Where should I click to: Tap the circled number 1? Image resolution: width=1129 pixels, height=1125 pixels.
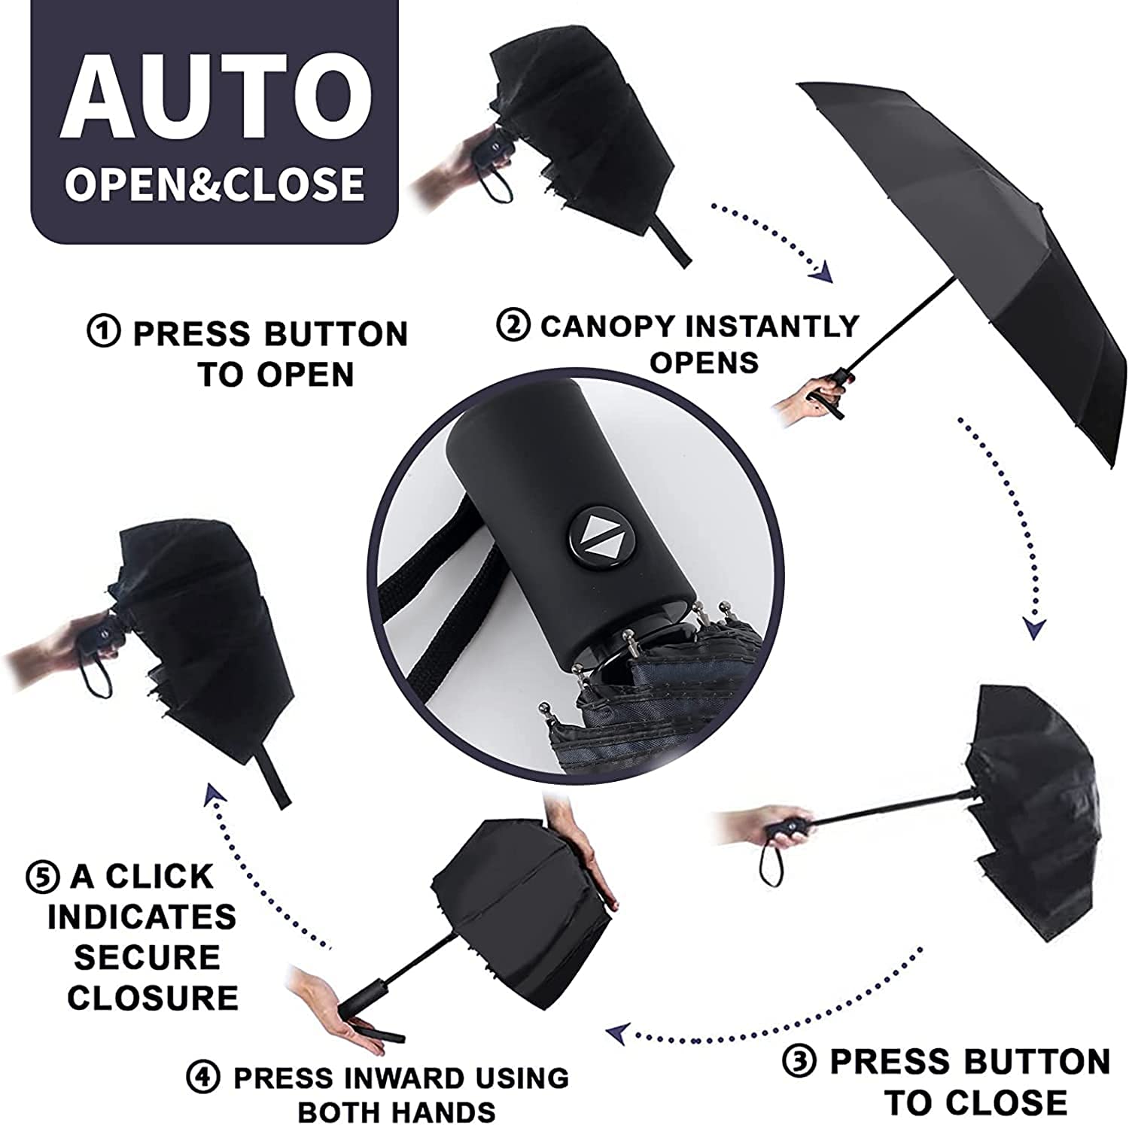pyautogui.click(x=103, y=332)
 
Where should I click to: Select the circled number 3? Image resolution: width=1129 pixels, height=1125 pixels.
pyautogui.click(x=799, y=1062)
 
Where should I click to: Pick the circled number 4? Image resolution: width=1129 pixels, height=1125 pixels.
pyautogui.click(x=203, y=1078)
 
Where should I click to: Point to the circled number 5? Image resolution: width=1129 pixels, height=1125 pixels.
pyautogui.click(x=41, y=877)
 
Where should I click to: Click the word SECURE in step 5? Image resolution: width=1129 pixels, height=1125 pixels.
pyautogui.click(x=147, y=957)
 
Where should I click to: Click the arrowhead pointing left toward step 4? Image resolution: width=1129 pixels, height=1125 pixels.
pyautogui.click(x=619, y=1035)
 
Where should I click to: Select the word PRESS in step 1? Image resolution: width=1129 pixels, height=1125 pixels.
pyautogui.click(x=181, y=333)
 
